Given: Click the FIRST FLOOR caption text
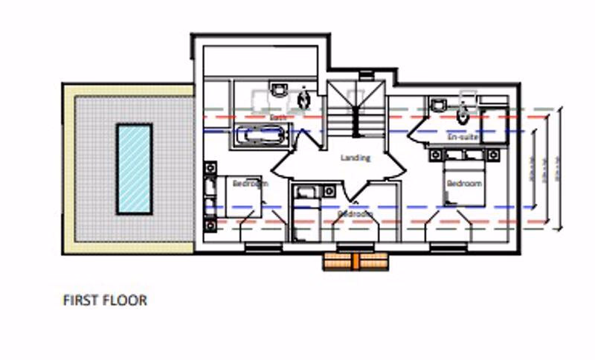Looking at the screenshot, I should point(105,300).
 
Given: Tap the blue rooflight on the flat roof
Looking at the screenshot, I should point(135,168).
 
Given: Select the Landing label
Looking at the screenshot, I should point(355,158).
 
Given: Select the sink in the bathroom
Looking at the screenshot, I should point(278,91).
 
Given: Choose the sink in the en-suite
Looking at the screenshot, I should point(437,104).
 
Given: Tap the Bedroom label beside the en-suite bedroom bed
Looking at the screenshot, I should point(463,183).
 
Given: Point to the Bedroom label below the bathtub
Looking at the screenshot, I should point(249,183).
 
